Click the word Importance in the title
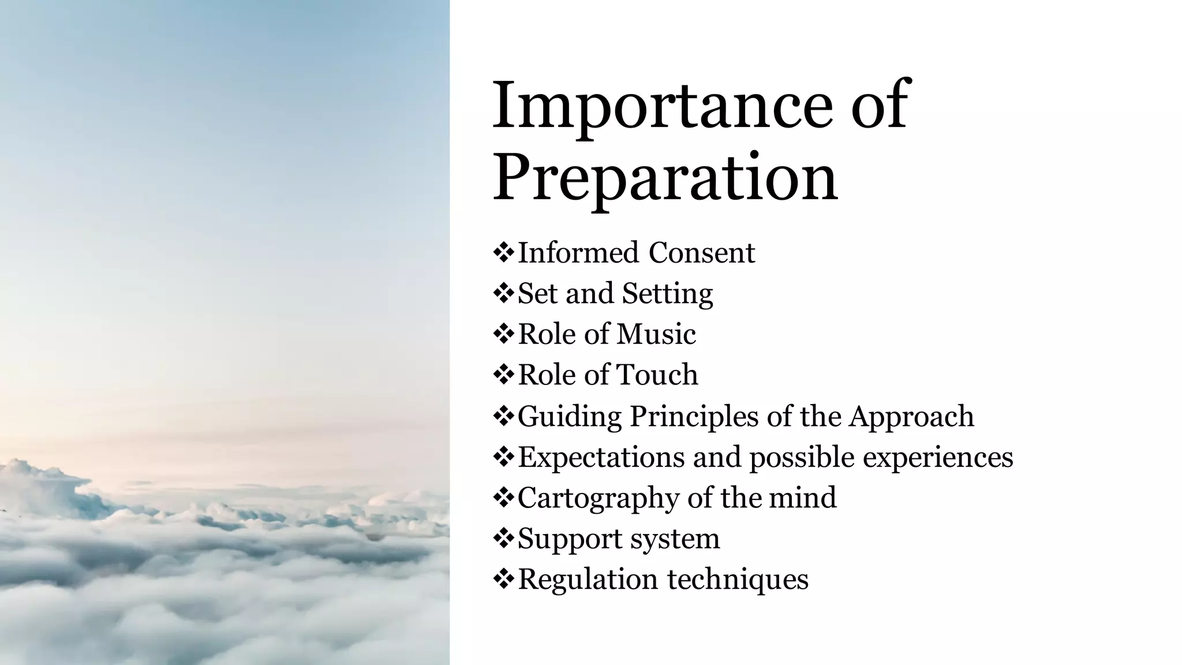pos(663,107)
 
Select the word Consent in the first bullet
pos(701,253)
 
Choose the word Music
pos(656,334)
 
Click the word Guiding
pos(569,417)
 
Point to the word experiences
pos(938,458)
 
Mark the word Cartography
pos(598,498)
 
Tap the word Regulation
pos(588,580)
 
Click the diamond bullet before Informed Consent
pos(503,253)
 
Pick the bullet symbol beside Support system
pos(503,539)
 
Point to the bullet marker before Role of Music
pos(503,334)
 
